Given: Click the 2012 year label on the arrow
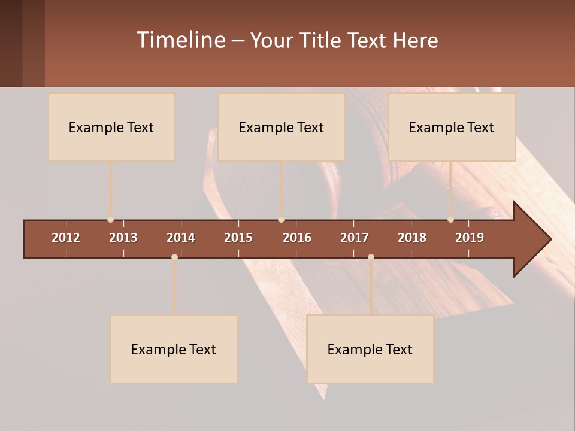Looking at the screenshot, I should pyautogui.click(x=66, y=238).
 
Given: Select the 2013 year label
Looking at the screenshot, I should pyautogui.click(x=123, y=238).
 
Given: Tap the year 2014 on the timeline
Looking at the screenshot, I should pyautogui.click(x=181, y=238).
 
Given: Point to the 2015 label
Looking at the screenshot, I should pyautogui.click(x=238, y=238).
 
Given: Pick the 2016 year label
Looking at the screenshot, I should pyautogui.click(x=297, y=238).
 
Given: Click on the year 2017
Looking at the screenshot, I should pyautogui.click(x=355, y=238).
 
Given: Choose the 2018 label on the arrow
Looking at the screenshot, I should pyautogui.click(x=412, y=238).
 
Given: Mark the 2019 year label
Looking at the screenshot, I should pyautogui.click(x=470, y=238).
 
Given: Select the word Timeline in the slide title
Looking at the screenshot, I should pyautogui.click(x=180, y=40).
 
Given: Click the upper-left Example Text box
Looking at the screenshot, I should pyautogui.click(x=111, y=127).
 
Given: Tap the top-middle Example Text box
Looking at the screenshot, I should pyautogui.click(x=282, y=127).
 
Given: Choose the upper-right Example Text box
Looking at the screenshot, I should pyautogui.click(x=452, y=127).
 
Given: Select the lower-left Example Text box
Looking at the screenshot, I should pyautogui.click(x=174, y=349).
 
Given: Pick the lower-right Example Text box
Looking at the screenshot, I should pyautogui.click(x=370, y=349).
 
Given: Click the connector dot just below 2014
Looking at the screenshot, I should pyautogui.click(x=174, y=257).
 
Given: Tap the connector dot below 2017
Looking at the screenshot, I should pyautogui.click(x=371, y=257).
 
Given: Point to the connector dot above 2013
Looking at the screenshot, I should pyautogui.click(x=110, y=220).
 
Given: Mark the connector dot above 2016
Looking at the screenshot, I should pyautogui.click(x=281, y=220).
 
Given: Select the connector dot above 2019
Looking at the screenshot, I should pyautogui.click(x=450, y=220).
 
